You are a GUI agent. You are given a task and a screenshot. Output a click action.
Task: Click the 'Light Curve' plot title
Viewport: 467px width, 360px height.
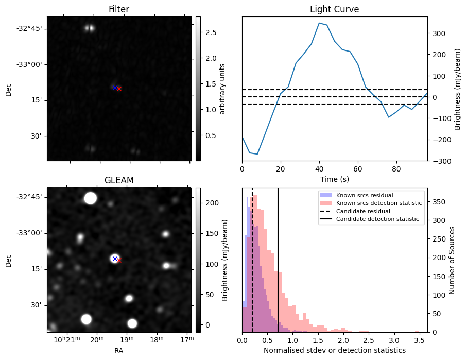coord(334,9)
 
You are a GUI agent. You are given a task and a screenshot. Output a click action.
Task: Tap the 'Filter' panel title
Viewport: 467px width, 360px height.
coord(118,9)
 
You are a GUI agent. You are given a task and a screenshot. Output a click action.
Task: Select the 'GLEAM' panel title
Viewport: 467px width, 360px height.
coord(118,180)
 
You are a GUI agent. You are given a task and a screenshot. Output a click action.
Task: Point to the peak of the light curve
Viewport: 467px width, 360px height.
coord(319,23)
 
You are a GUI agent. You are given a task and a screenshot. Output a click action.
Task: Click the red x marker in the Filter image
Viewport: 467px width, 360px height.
coord(119,89)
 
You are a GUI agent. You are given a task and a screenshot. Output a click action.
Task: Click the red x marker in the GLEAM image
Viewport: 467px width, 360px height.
coord(119,260)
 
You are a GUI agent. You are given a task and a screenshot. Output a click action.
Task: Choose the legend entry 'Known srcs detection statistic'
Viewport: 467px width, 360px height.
coord(378,203)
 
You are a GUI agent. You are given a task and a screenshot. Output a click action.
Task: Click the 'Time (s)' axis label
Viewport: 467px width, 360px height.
coord(334,179)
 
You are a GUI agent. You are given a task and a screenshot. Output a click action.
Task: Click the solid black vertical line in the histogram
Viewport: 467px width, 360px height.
coord(278,258)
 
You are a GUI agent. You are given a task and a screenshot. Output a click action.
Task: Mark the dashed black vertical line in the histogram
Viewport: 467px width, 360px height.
coord(252,258)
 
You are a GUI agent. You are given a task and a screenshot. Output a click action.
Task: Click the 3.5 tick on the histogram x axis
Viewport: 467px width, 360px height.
coord(419,340)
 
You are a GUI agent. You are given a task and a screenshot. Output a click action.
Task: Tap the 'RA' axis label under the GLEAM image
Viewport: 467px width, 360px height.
coord(118,350)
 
